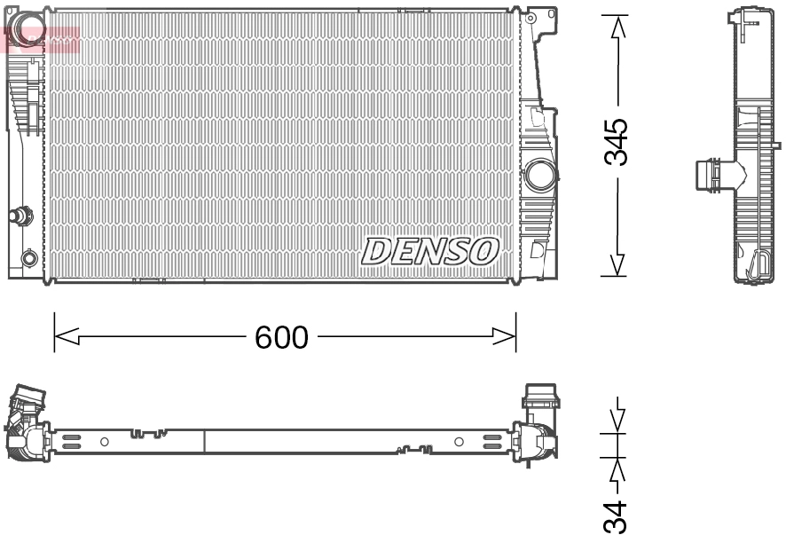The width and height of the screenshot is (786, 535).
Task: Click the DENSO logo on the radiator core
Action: pos(428,251)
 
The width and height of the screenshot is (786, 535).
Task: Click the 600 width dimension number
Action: pos(281,337)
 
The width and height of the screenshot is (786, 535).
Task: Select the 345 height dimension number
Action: pos(617,141)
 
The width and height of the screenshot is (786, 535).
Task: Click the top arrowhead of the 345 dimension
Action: pos(618,27)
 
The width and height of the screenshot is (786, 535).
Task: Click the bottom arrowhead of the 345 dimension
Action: pos(618,264)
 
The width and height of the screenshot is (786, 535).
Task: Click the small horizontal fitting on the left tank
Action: pos(19,215)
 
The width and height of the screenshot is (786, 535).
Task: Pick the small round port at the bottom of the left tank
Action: pos(29,258)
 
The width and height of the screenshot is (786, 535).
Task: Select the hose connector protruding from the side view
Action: pos(710,174)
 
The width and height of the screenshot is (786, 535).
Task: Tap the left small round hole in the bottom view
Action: pos(104,441)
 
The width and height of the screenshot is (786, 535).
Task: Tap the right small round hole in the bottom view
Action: pos(459,441)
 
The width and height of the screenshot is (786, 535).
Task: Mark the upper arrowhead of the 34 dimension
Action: pos(618,421)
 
